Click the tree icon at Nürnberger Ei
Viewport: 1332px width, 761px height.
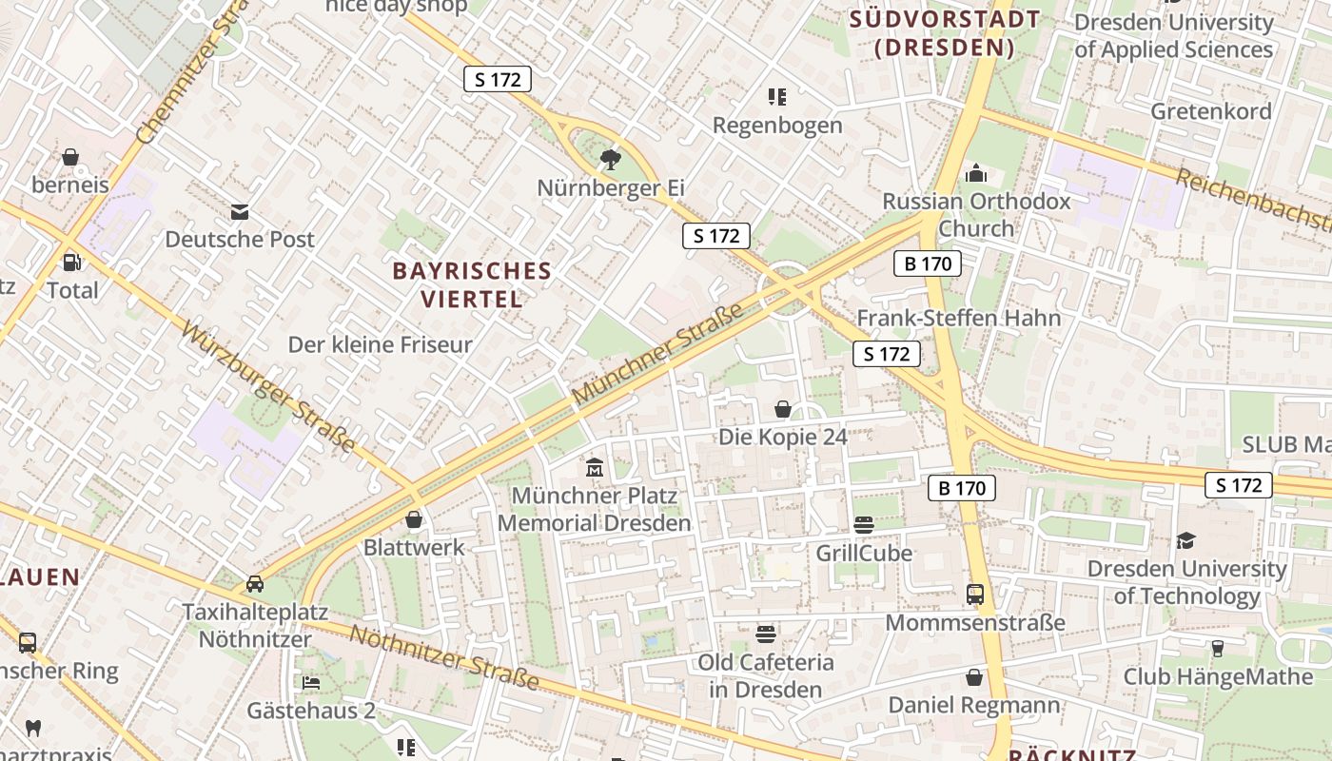(x=610, y=159)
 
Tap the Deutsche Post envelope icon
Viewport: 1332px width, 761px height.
(x=239, y=211)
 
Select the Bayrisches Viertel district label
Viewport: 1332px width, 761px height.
(x=472, y=284)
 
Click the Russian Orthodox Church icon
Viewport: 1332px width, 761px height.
(x=975, y=174)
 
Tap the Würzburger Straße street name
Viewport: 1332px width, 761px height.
(x=268, y=388)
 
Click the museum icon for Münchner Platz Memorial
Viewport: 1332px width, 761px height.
(x=595, y=467)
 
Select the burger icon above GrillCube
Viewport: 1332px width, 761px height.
(x=864, y=524)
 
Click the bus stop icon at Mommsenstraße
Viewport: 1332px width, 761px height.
(x=975, y=595)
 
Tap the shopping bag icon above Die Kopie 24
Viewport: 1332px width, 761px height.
(x=782, y=409)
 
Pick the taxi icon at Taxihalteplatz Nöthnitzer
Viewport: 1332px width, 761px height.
(x=255, y=583)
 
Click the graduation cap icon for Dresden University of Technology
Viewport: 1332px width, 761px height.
(x=1185, y=540)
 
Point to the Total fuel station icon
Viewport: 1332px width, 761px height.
(x=71, y=262)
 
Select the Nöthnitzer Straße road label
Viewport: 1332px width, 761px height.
(x=444, y=658)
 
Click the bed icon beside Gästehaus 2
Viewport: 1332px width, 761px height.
(x=311, y=682)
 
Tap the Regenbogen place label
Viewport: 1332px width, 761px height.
(x=777, y=125)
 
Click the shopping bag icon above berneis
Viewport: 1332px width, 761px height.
(x=69, y=157)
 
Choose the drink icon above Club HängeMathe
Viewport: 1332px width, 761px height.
(x=1217, y=648)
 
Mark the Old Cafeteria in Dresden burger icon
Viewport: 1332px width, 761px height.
(x=766, y=634)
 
